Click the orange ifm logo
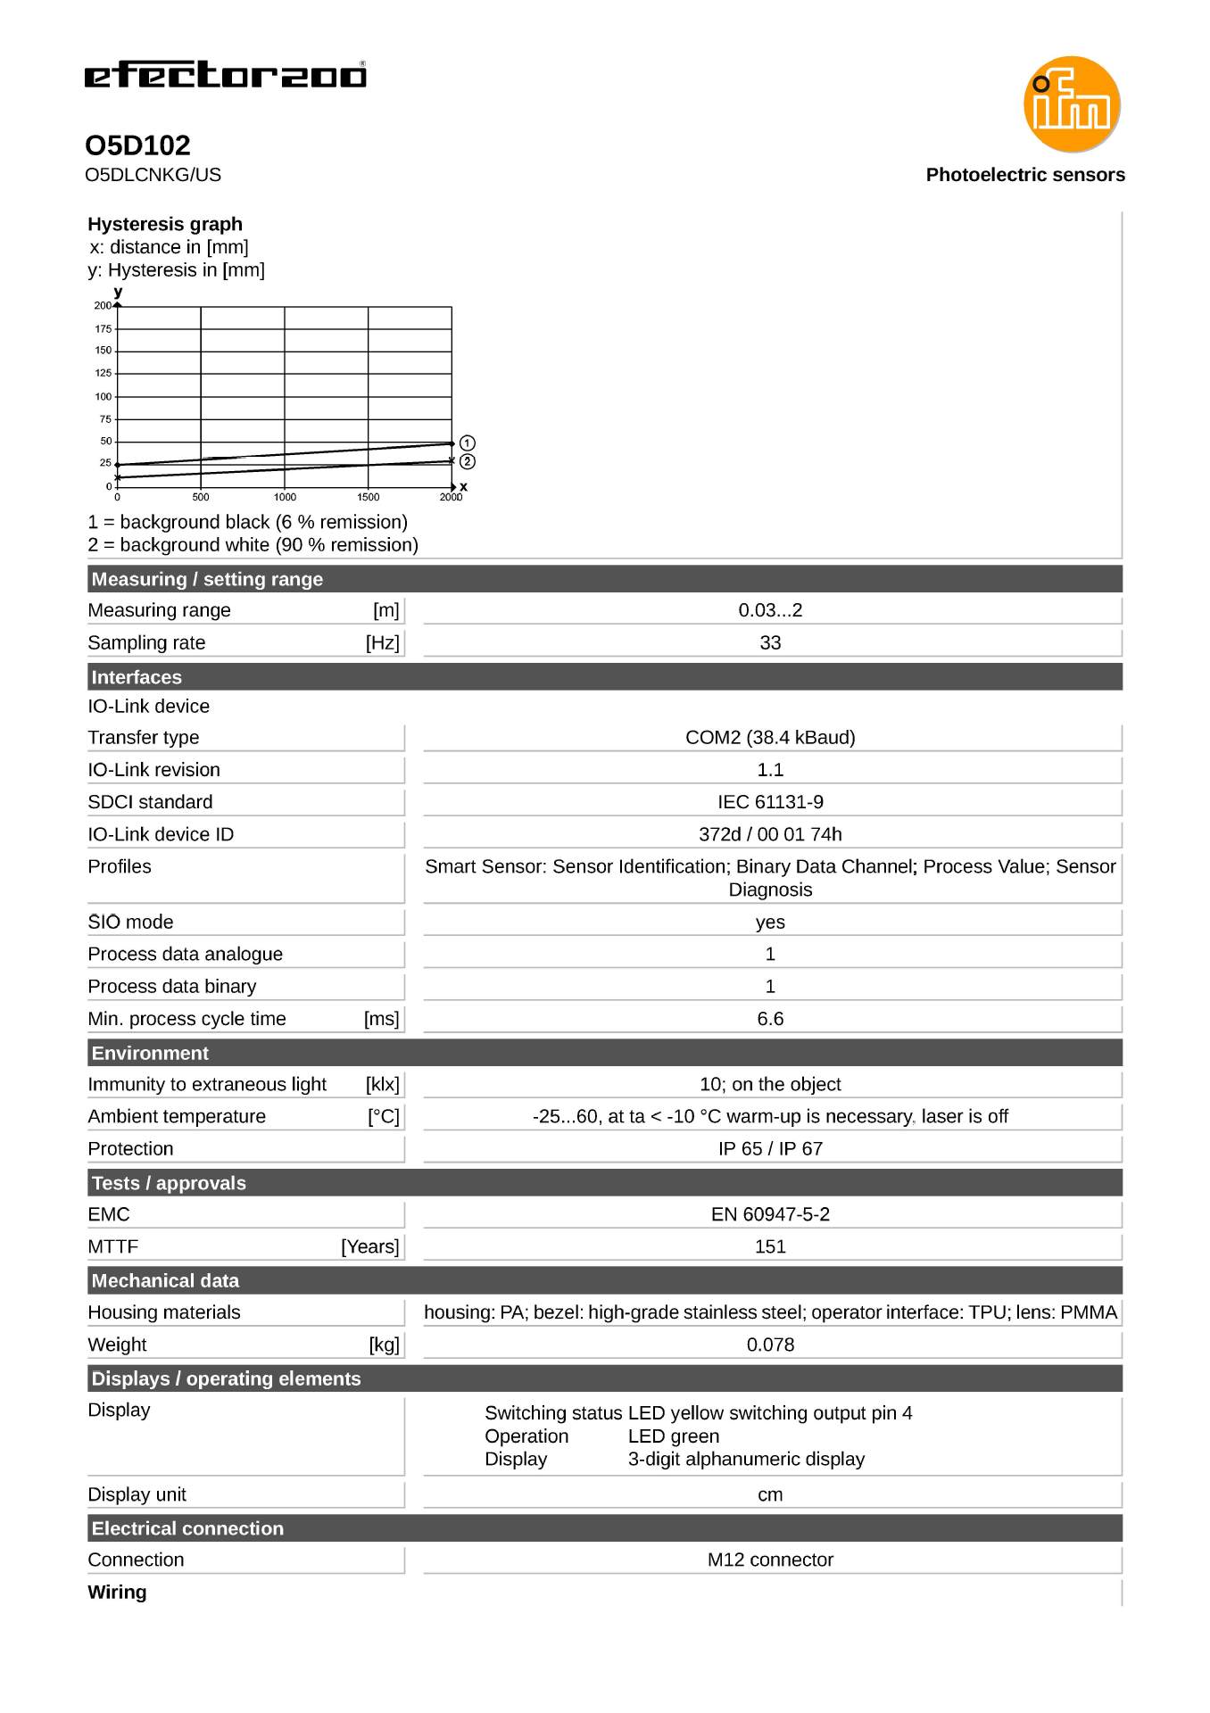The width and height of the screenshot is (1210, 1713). [x=1071, y=104]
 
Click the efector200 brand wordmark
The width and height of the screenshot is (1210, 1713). [x=225, y=75]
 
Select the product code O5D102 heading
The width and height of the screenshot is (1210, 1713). [x=137, y=145]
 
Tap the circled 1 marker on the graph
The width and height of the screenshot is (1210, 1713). [x=468, y=443]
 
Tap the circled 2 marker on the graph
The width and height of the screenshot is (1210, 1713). [x=468, y=461]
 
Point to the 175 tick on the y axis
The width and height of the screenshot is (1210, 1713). [x=104, y=329]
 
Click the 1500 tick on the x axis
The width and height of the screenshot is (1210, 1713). [x=368, y=497]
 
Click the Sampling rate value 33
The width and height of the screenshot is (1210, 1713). [x=770, y=642]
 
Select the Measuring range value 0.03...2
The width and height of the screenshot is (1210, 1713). [x=770, y=610]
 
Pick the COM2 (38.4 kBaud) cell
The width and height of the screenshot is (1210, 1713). [x=770, y=737]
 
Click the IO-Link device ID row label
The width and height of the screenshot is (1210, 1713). [x=161, y=834]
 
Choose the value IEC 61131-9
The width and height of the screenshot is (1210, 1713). [x=770, y=802]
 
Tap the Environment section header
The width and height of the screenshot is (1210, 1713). [x=150, y=1053]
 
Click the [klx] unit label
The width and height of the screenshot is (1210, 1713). [x=382, y=1084]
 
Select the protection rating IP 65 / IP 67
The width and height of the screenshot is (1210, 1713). [x=770, y=1148]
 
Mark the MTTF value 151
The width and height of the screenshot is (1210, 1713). [x=770, y=1246]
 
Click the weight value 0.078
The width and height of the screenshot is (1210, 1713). [x=770, y=1345]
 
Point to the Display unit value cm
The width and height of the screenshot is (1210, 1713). [x=770, y=1494]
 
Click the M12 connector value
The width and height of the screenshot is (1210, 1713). [x=770, y=1560]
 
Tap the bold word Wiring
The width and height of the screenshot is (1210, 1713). [x=117, y=1592]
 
